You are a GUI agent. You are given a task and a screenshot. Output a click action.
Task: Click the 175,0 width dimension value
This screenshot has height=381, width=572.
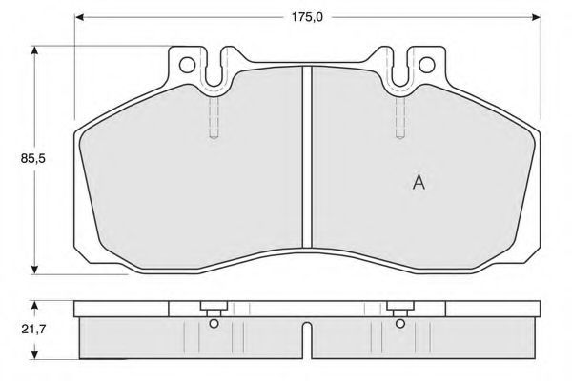pos(307,17)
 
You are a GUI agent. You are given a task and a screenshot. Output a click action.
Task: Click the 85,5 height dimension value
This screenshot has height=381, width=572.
pos(32,159)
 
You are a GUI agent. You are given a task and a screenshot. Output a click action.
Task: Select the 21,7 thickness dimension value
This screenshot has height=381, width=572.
pos(32,330)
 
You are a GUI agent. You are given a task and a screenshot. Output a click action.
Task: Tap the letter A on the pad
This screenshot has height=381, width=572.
pos(419,182)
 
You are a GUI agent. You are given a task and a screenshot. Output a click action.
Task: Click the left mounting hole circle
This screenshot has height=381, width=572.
pos(188,65)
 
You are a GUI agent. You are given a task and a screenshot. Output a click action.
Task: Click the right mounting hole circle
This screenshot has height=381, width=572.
pos(427,65)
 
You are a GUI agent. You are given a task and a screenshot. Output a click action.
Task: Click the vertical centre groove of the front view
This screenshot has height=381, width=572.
pos(307,157)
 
